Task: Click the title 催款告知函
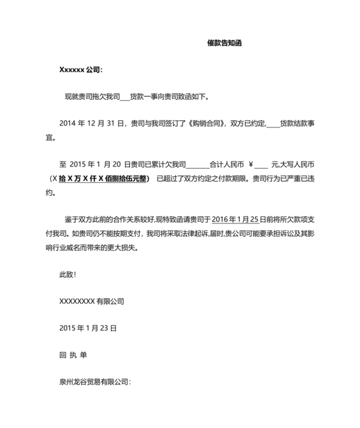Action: point(224,43)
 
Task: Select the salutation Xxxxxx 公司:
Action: point(80,70)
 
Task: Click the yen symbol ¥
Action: point(250,164)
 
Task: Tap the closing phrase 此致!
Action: point(67,275)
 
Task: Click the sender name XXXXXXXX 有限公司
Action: point(91,301)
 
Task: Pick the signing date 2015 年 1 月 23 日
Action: point(88,328)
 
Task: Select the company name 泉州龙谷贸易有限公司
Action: point(94,382)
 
